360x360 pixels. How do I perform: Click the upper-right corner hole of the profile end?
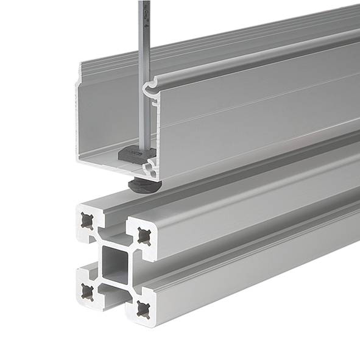[x=143, y=236]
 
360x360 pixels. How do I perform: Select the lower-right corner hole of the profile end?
[x=143, y=308]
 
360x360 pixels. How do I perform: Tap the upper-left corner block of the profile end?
[x=89, y=221]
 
